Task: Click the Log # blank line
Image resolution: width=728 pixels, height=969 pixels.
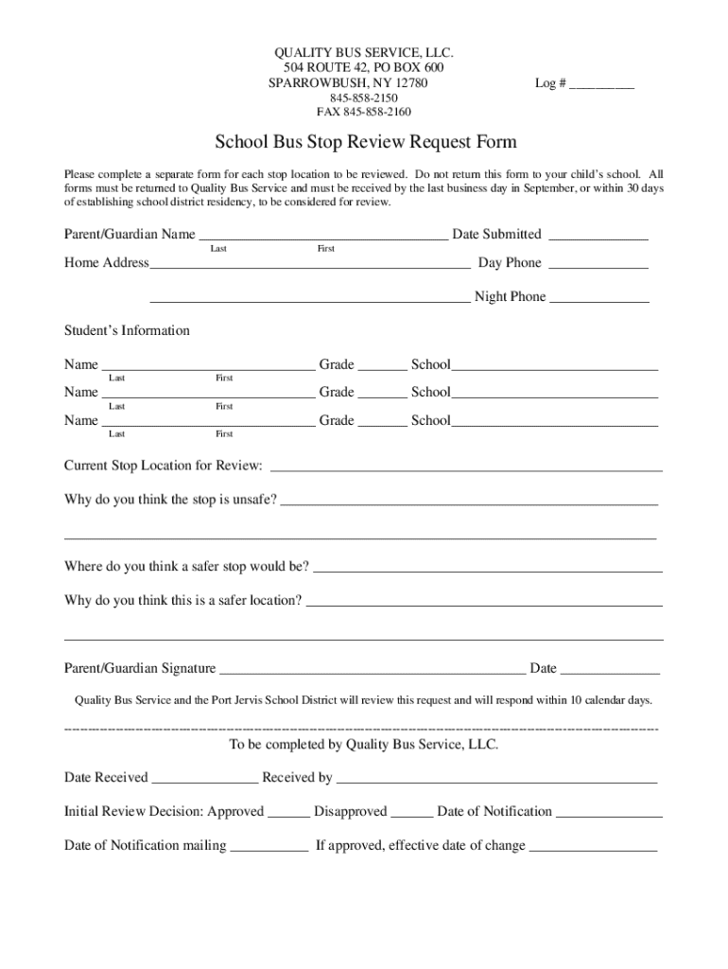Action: point(601,85)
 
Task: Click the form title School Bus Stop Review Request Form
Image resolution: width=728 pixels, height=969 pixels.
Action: point(366,143)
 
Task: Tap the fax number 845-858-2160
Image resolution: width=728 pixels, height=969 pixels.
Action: point(364,112)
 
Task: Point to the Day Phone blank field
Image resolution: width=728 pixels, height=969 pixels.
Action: point(598,265)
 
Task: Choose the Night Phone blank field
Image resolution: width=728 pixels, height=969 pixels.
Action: point(599,299)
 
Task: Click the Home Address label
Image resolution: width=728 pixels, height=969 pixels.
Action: point(106,263)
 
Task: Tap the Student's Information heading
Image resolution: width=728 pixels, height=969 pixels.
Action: point(127,330)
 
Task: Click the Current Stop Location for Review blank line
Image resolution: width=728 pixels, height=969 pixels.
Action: point(466,467)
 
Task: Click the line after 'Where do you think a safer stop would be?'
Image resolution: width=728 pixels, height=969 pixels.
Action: point(487,569)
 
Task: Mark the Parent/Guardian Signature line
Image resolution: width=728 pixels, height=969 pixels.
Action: point(373,671)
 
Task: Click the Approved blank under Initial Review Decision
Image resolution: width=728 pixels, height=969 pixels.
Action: point(289,814)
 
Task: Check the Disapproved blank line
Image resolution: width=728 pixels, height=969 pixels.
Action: point(412,814)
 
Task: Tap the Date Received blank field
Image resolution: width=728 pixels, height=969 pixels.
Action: point(205,780)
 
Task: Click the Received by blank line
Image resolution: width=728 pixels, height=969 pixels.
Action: point(496,780)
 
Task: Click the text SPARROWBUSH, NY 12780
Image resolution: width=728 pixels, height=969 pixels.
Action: point(348,83)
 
